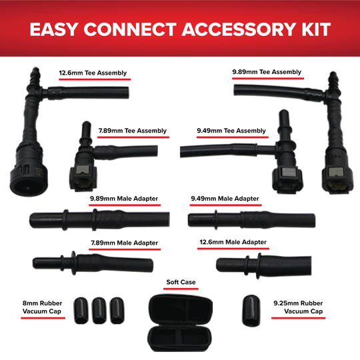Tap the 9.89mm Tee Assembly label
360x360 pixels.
click(x=267, y=72)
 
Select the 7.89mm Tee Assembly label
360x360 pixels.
click(x=133, y=131)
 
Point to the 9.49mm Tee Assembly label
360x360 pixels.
click(x=231, y=131)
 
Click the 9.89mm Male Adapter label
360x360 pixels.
click(x=125, y=199)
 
